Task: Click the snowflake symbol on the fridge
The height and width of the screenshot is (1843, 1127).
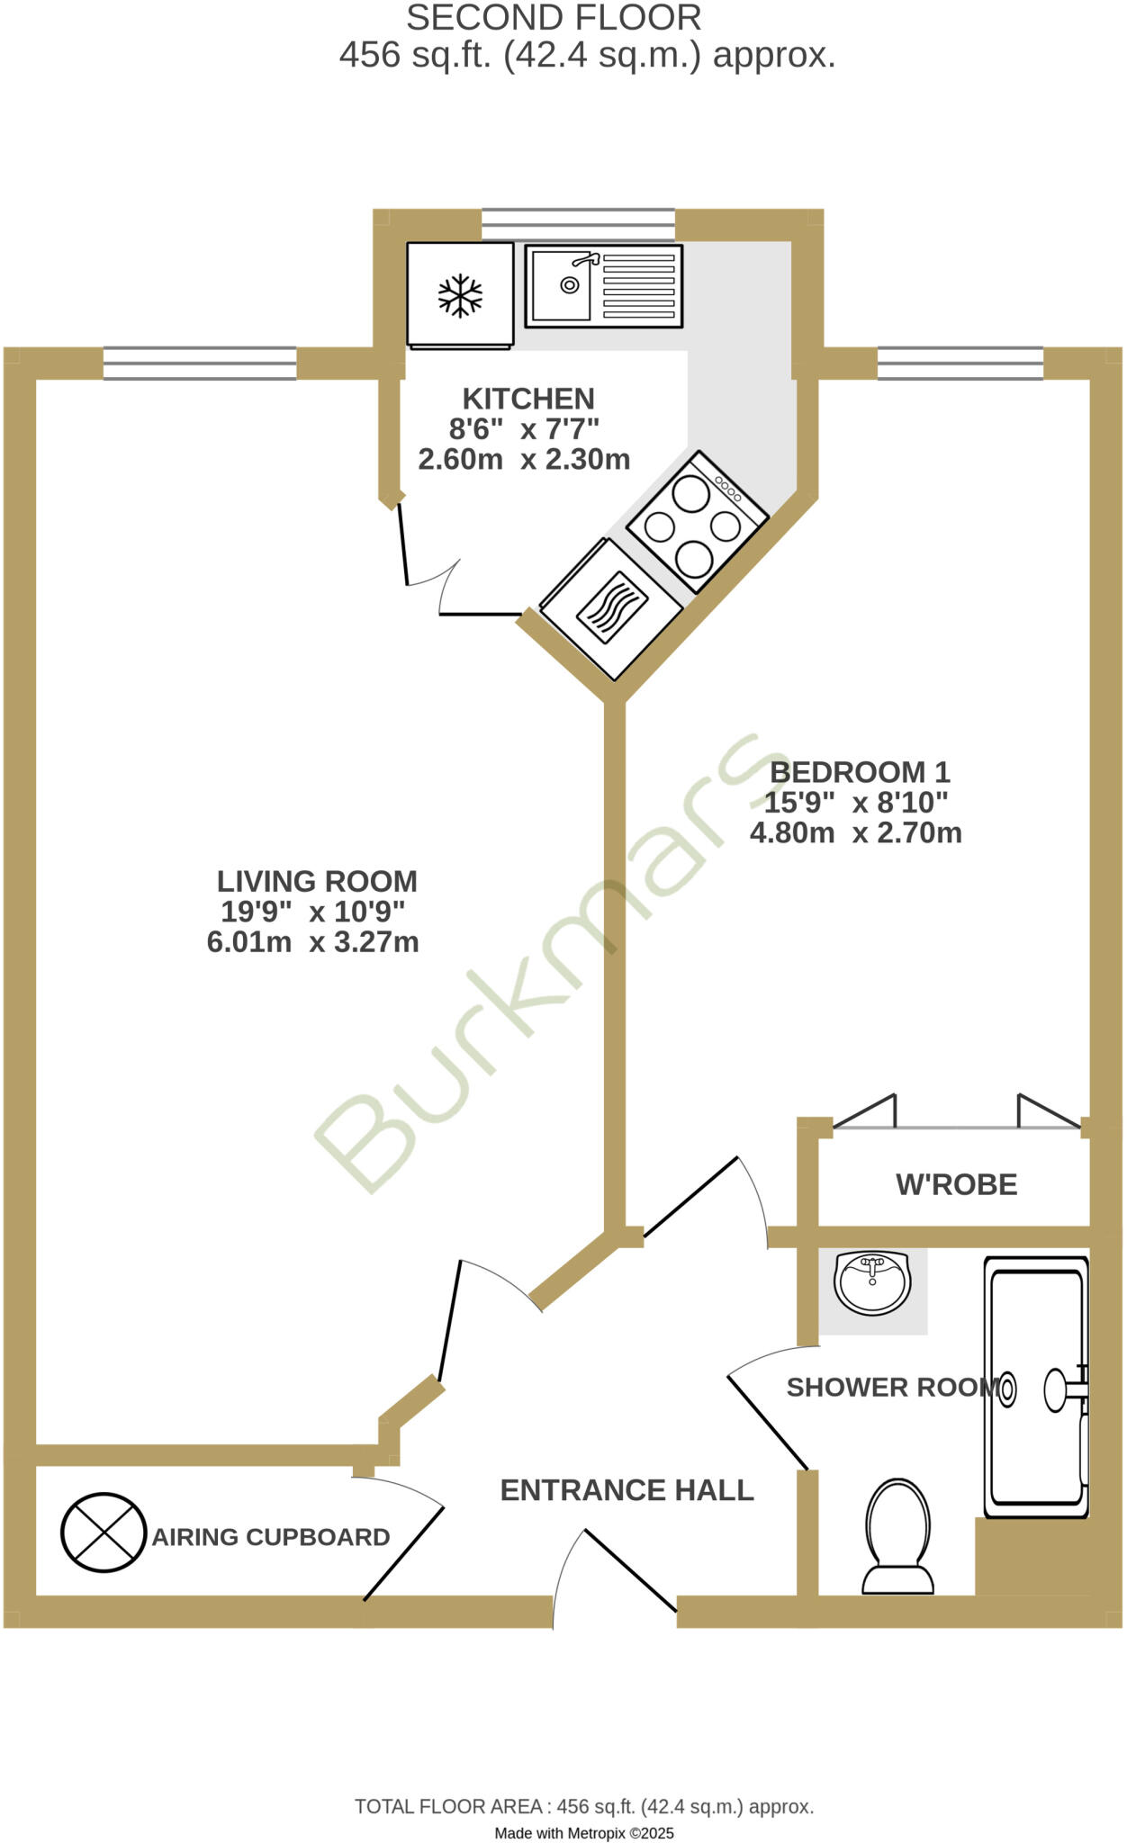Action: pyautogui.click(x=460, y=295)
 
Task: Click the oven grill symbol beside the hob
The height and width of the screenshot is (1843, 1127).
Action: pyautogui.click(x=612, y=607)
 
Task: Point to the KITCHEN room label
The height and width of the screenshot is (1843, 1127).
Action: pyautogui.click(x=528, y=398)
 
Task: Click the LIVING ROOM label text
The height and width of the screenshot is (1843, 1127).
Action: pyautogui.click(x=317, y=880)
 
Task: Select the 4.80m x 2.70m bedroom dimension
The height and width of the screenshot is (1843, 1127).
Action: pyautogui.click(x=855, y=832)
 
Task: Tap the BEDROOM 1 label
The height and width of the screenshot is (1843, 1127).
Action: pyautogui.click(x=860, y=772)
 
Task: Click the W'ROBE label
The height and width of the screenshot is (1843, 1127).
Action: pyautogui.click(x=956, y=1184)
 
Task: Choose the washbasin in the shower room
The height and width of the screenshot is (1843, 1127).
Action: pyautogui.click(x=871, y=1281)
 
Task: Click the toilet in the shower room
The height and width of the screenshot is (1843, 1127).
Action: pyautogui.click(x=897, y=1537)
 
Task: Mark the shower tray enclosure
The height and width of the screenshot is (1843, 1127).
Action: pyautogui.click(x=1035, y=1386)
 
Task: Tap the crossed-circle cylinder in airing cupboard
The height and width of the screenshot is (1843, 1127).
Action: pyautogui.click(x=104, y=1533)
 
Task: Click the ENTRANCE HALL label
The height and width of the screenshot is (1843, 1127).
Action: pyautogui.click(x=627, y=1490)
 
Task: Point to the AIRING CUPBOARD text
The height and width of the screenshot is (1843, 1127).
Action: pyautogui.click(x=270, y=1537)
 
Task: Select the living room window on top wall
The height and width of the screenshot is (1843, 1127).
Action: pyautogui.click(x=200, y=364)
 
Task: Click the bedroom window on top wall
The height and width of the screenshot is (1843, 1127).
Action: pyautogui.click(x=960, y=364)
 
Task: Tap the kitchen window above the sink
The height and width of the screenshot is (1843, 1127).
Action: pyautogui.click(x=578, y=224)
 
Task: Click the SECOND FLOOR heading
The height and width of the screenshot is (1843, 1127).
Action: pyautogui.click(x=554, y=18)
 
